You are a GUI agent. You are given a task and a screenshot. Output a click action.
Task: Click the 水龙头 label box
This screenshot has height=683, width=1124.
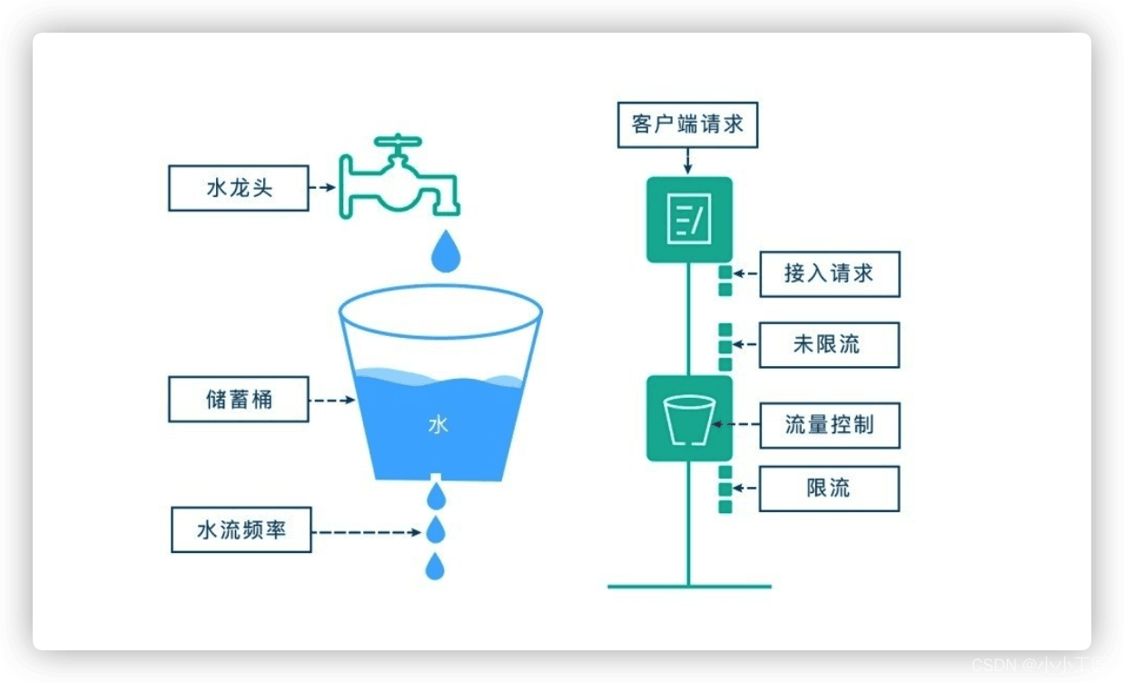(239, 189)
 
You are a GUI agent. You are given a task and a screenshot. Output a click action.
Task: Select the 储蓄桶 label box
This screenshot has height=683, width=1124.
(239, 400)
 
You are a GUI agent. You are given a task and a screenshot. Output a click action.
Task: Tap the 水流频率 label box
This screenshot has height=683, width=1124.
(242, 530)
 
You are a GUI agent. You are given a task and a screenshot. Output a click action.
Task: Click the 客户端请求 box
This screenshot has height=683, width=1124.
(687, 124)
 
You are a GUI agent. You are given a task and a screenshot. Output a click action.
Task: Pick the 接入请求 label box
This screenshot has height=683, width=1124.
(829, 274)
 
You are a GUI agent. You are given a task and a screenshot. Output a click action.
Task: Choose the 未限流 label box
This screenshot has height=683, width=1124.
(829, 345)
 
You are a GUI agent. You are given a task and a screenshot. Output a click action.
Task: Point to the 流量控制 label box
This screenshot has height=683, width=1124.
(829, 425)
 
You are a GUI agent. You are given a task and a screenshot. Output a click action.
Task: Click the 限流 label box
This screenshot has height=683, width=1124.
(829, 488)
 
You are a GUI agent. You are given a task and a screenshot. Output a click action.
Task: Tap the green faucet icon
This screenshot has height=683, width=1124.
(399, 178)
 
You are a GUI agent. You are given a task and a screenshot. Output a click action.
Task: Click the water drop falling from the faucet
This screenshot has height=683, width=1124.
(445, 252)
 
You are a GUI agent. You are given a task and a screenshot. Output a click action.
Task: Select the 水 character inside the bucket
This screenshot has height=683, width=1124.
(439, 425)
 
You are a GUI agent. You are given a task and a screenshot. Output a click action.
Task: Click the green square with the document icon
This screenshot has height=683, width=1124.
(688, 220)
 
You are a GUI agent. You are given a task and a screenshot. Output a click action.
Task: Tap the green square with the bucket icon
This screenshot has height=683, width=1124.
(688, 419)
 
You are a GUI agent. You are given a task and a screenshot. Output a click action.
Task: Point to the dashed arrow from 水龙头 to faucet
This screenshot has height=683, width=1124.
(323, 189)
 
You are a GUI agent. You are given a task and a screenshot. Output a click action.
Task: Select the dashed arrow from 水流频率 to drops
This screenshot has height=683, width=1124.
(369, 530)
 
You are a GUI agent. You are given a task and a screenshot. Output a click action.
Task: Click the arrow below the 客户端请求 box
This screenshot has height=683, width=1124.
(687, 161)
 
